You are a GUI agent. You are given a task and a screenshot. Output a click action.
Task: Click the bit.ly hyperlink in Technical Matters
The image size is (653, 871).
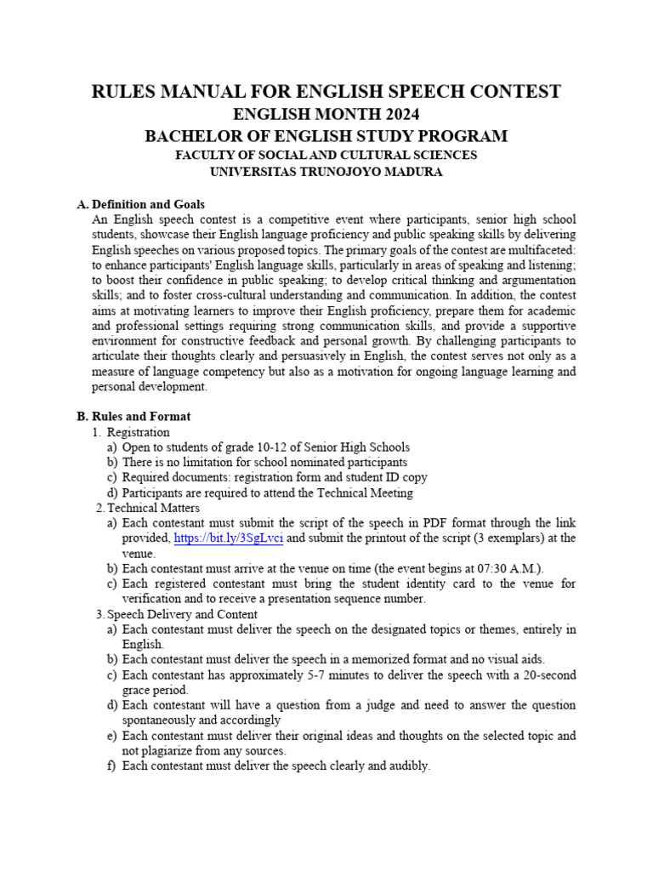click(x=228, y=538)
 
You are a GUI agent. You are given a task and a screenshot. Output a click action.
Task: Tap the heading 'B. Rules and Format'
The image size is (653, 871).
click(x=133, y=417)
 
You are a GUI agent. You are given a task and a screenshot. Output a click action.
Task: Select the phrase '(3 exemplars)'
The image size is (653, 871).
click(x=481, y=538)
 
